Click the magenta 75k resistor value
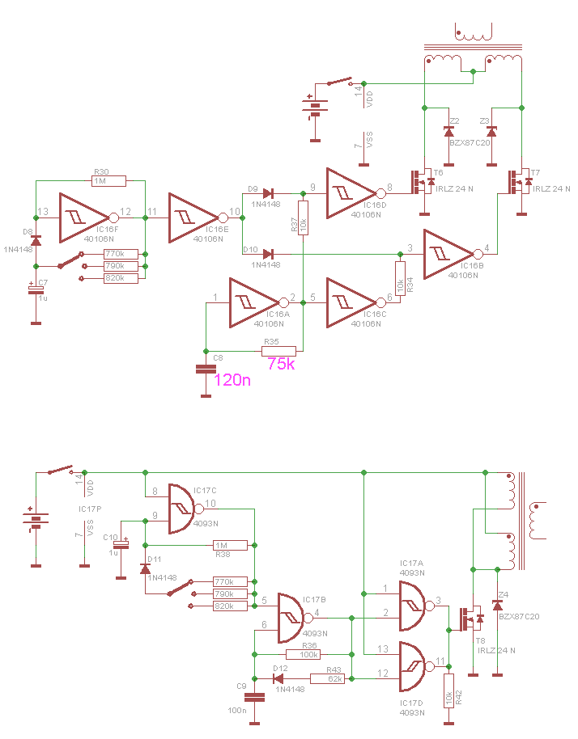(x=281, y=363)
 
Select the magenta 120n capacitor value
(x=232, y=380)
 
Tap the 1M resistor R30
(x=109, y=181)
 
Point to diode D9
(x=269, y=193)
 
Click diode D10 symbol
(x=268, y=255)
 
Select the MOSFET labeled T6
(x=423, y=182)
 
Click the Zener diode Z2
(x=449, y=132)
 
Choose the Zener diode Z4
(x=497, y=605)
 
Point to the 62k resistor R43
(x=328, y=678)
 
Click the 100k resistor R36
(x=304, y=655)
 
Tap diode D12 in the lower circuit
(x=278, y=678)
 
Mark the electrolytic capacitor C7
(x=36, y=289)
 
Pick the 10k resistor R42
(x=449, y=691)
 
